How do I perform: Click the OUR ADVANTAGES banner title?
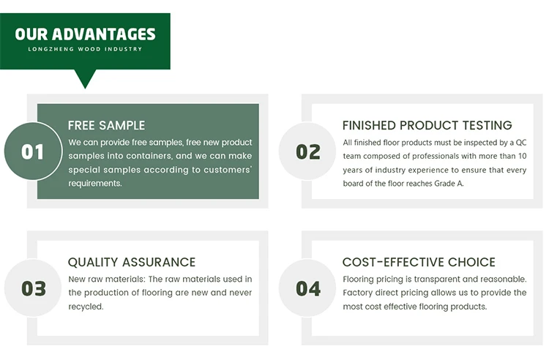point(85,34)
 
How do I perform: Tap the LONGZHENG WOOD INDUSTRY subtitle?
point(85,49)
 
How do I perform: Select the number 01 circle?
point(33,151)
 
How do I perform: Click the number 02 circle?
point(307,151)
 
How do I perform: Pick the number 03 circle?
point(33,288)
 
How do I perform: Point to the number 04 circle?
point(307,288)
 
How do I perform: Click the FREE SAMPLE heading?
point(106,125)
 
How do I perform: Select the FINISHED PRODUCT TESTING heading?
point(427,125)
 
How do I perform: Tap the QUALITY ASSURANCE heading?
point(132,262)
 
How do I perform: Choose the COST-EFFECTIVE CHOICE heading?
point(419,262)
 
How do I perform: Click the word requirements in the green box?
point(94,184)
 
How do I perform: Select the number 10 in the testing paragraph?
point(523,156)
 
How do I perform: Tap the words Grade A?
point(449,184)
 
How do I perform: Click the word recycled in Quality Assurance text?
point(86,307)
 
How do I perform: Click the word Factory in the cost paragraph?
point(355,293)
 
